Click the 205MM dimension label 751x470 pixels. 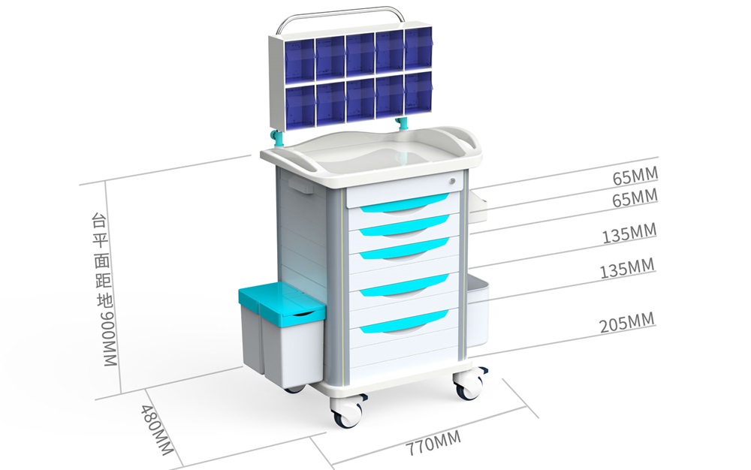point(626,323)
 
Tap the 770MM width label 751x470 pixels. point(433,443)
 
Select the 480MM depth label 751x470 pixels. point(157,429)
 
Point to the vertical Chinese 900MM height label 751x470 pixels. point(105,291)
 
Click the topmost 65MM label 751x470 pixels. point(635,176)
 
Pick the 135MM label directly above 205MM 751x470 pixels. point(627,269)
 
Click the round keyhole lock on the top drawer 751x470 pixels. point(452,181)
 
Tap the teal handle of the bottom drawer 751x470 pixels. point(404,321)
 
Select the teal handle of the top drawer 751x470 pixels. point(405,203)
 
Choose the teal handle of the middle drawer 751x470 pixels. point(405,249)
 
